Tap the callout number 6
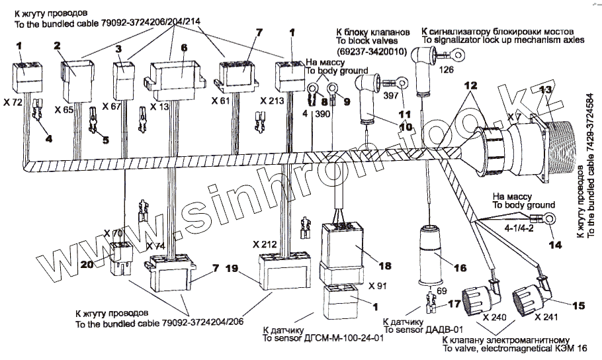pos(184,47)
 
